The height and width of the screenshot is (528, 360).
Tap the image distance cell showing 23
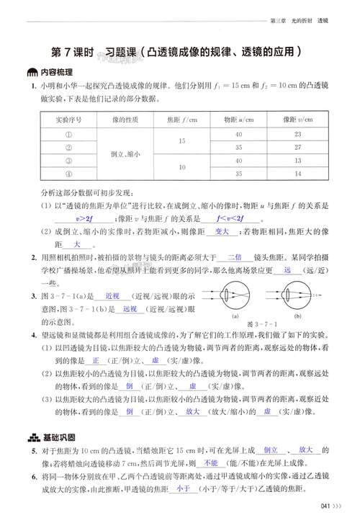point(297,134)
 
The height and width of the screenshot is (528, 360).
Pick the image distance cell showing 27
point(297,147)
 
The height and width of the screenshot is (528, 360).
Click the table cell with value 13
point(297,161)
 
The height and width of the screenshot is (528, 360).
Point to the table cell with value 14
point(297,174)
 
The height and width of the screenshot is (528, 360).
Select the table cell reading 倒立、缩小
point(130,154)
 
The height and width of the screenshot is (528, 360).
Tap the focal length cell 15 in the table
point(181,140)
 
